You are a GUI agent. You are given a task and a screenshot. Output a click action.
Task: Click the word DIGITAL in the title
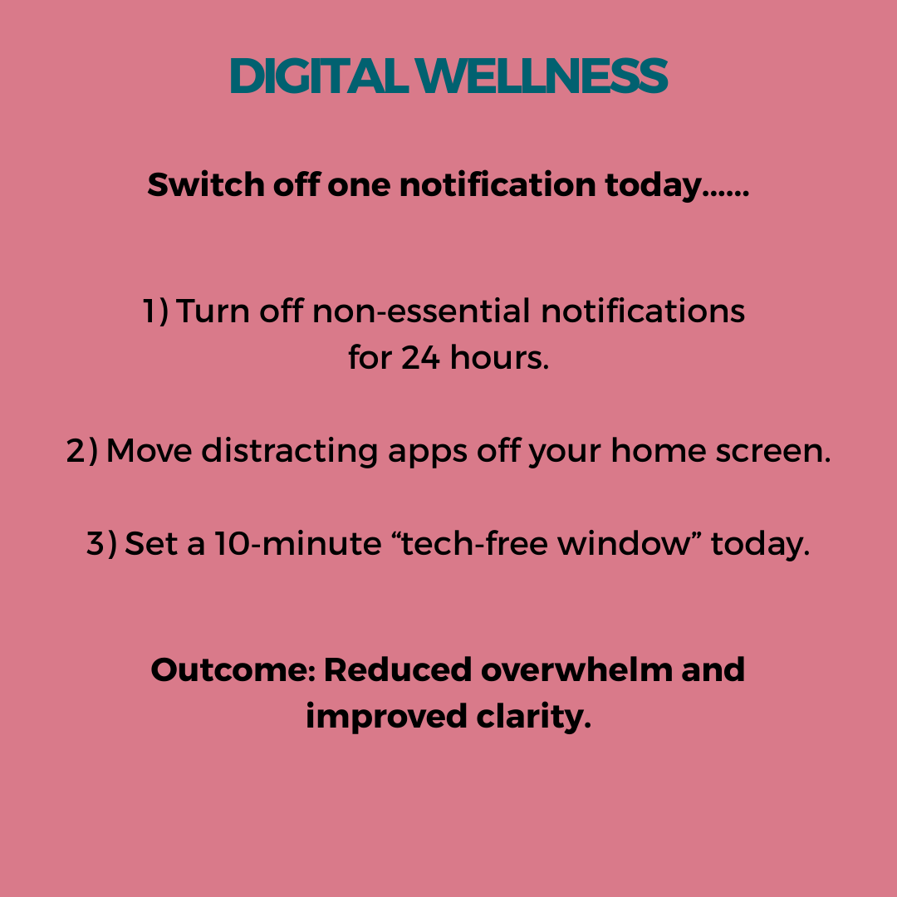click(x=318, y=76)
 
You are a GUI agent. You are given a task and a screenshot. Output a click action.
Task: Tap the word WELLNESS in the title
click(x=542, y=76)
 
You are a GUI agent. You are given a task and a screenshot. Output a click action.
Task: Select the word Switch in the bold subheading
click(x=206, y=184)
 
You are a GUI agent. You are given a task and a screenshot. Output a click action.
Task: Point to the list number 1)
click(x=155, y=311)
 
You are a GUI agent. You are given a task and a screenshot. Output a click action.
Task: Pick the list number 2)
click(x=81, y=450)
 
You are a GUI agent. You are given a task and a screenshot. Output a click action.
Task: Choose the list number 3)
click(x=101, y=543)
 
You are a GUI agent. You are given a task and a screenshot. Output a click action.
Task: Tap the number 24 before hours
click(x=420, y=357)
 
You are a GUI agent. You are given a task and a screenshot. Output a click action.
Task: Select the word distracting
click(x=290, y=450)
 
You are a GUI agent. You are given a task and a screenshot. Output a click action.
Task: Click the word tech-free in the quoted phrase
click(x=474, y=542)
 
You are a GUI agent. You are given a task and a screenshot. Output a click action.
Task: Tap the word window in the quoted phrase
click(x=624, y=542)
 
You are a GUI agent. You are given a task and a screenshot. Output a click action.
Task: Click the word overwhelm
click(x=576, y=669)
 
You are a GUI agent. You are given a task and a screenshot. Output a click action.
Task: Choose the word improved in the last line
click(x=386, y=718)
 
